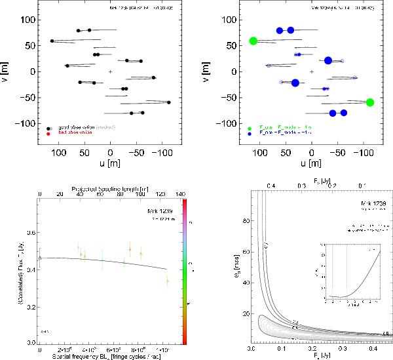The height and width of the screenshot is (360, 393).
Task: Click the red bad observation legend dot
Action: point(48,132)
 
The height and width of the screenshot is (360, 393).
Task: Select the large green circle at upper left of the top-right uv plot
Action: point(253,41)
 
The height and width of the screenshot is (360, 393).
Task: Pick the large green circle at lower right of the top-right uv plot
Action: point(370,102)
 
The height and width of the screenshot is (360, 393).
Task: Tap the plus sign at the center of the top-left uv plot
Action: point(111,71)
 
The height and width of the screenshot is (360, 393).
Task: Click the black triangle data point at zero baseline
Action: point(40,258)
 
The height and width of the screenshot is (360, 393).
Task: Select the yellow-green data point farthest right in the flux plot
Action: point(167,281)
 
